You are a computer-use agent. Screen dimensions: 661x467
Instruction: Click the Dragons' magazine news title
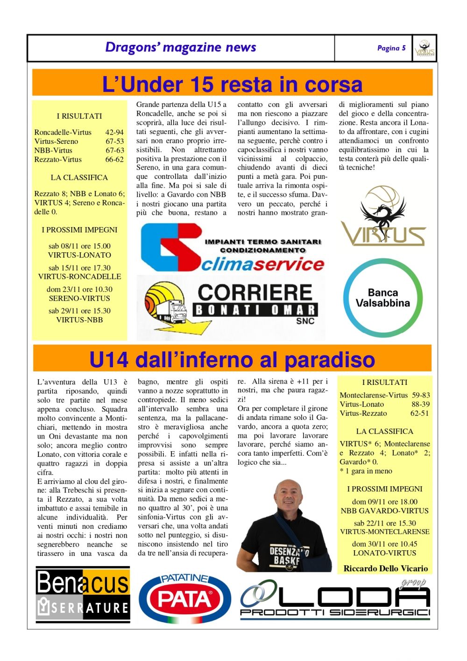pos(181,47)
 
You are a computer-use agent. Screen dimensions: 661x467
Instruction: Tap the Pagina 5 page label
pos(391,48)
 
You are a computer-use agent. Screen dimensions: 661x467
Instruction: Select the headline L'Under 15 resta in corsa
pos(232,85)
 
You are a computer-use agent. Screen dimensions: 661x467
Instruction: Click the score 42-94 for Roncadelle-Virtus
pos(114,132)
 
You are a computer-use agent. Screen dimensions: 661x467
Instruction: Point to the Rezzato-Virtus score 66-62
pos(114,159)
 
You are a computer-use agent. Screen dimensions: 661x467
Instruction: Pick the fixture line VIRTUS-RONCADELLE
pos(79,277)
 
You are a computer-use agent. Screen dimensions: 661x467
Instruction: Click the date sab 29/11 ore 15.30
pos(79,311)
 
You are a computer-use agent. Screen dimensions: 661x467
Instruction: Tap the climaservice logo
pos(232,248)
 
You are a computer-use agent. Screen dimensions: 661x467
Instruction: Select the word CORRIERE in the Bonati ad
pos(255,293)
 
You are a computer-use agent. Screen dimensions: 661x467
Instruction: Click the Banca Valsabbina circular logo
pos(383,298)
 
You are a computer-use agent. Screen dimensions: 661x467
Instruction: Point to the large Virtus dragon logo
pos(383,217)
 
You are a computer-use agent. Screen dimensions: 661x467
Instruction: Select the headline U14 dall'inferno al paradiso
pos(232,360)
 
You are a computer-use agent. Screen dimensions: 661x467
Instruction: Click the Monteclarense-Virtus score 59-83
pos(421,395)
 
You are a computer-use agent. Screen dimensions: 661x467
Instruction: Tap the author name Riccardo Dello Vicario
pos(386,569)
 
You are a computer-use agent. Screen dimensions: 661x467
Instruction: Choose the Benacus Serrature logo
pos(83,595)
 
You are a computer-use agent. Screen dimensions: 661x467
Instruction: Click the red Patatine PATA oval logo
pos(185,599)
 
